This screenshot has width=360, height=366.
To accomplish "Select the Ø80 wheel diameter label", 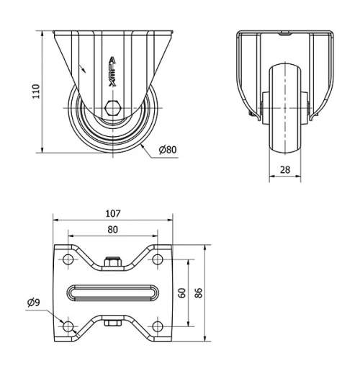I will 167,149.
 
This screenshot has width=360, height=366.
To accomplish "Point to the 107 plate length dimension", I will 112,214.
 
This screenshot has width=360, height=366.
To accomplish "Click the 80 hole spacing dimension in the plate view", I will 112,229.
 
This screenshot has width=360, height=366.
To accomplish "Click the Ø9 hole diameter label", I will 34,303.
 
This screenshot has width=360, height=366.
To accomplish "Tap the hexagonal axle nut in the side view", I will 112,109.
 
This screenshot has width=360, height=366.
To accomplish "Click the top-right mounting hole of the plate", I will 157,259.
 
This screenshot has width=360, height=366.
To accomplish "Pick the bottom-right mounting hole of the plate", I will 157,326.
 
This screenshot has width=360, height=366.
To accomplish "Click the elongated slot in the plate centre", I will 112,293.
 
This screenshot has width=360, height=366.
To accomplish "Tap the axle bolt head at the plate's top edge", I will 112,263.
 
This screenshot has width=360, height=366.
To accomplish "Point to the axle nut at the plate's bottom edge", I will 112,323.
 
